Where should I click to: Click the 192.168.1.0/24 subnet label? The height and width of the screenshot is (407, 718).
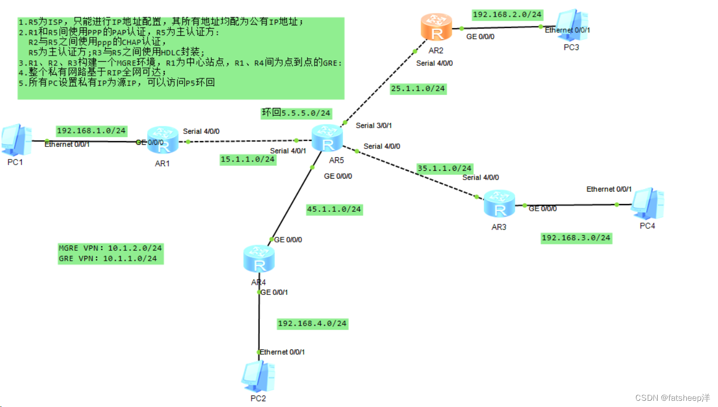point(92,131)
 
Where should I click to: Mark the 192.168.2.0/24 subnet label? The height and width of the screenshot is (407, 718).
point(507,15)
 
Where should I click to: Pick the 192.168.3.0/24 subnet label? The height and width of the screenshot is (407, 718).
point(576,238)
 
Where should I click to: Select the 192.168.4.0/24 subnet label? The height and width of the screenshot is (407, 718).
point(312,323)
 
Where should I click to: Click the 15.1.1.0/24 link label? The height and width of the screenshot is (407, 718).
point(247,160)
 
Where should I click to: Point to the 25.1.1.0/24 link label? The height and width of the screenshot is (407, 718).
point(418,89)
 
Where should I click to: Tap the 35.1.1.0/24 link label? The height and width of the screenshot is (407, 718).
point(445,168)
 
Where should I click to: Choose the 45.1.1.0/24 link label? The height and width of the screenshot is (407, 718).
point(334,210)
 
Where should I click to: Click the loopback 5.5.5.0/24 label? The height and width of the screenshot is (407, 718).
point(296,113)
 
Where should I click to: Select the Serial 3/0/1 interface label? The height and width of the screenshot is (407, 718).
point(374,126)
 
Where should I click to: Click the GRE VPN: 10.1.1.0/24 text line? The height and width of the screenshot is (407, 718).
point(108,258)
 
